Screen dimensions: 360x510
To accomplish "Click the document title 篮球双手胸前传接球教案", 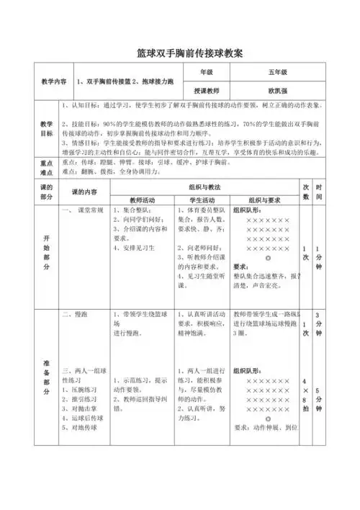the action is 180,53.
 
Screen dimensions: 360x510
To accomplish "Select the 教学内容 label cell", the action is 55,81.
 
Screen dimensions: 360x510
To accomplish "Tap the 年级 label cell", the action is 207,73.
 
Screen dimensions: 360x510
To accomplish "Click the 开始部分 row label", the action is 47,251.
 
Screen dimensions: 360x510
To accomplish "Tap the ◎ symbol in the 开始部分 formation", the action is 268,257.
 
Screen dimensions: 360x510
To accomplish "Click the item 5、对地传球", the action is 81,427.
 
